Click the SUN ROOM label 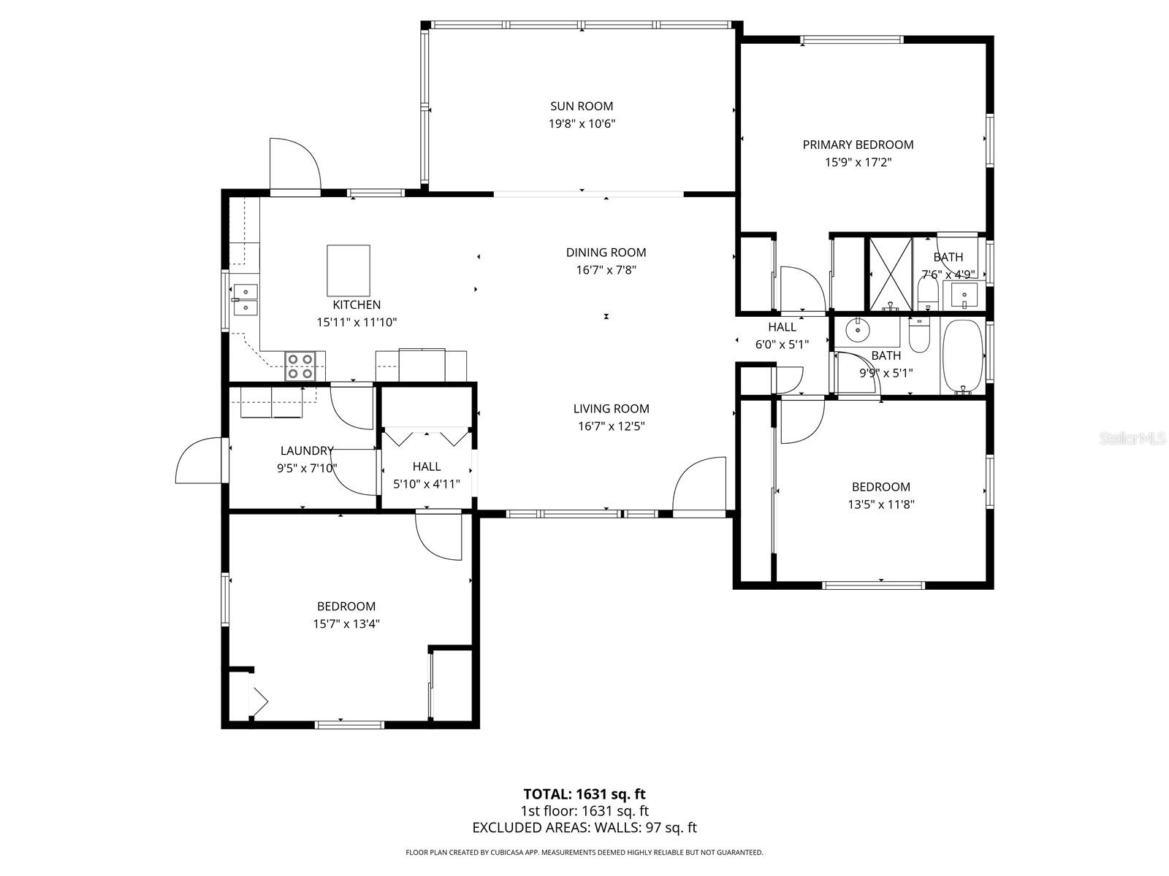(582, 107)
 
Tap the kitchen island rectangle (349, 270)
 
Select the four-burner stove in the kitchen (300, 366)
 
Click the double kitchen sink (245, 299)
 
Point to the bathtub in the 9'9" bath (962, 357)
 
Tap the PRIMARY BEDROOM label (858, 145)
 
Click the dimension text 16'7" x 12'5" (611, 426)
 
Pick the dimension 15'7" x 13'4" (346, 624)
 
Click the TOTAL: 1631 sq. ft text (584, 794)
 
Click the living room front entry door (699, 487)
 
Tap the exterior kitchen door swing (294, 165)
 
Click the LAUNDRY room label (307, 451)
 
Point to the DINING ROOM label (606, 253)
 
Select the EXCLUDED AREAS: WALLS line (584, 828)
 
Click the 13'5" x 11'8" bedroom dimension (881, 504)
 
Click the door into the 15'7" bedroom (439, 537)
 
